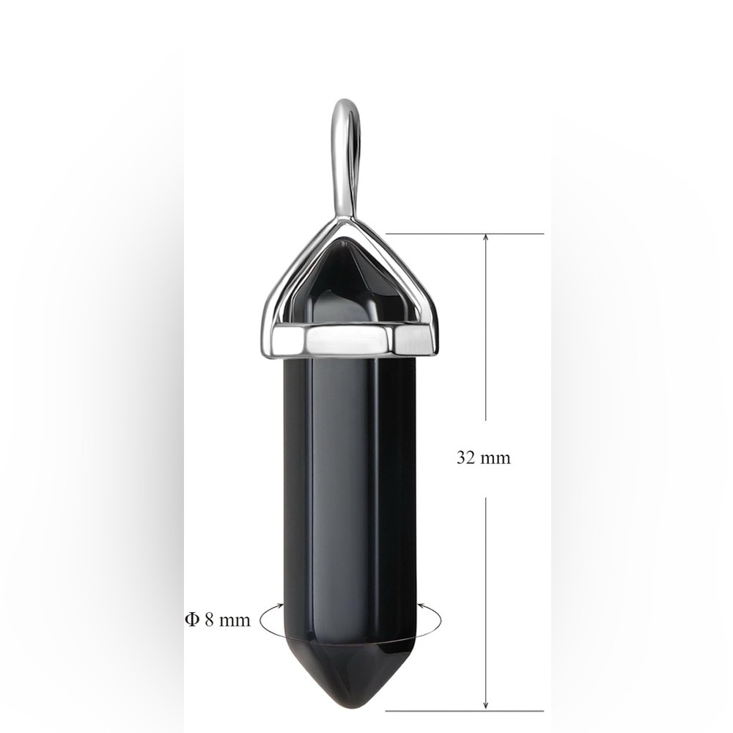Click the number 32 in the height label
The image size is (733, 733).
click(x=465, y=457)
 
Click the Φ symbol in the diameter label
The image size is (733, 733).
click(x=192, y=620)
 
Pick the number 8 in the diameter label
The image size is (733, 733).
click(x=209, y=620)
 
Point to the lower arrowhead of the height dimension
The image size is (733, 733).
click(x=486, y=707)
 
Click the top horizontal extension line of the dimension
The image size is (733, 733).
click(x=465, y=233)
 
